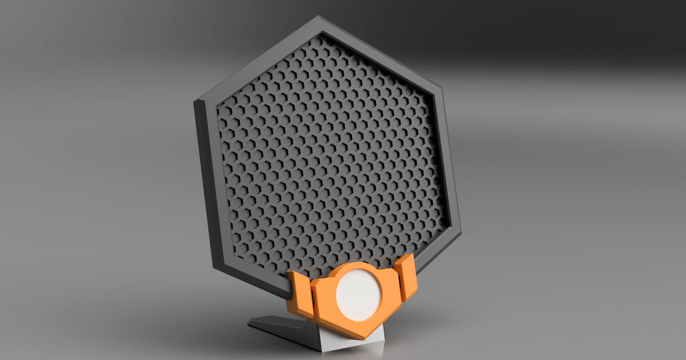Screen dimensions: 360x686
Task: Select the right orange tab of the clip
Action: pyautogui.click(x=406, y=278)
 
